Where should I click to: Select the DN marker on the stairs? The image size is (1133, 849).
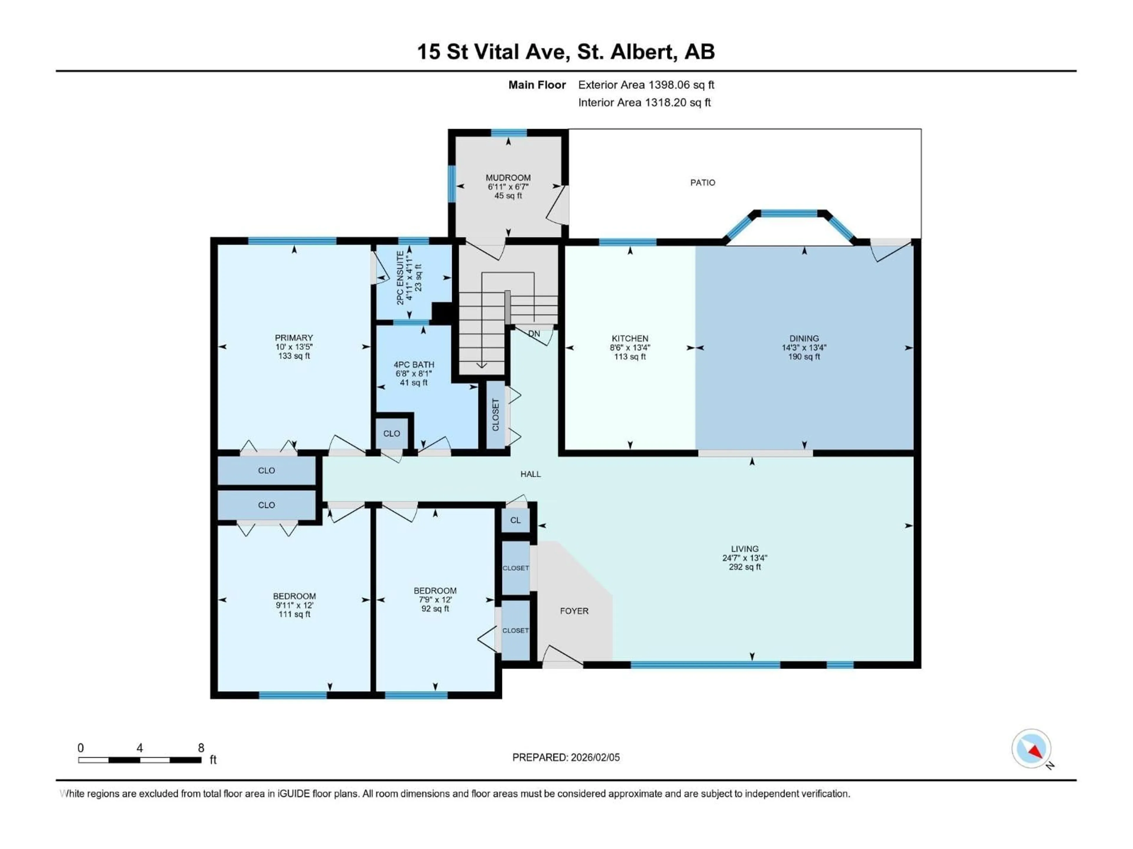534,334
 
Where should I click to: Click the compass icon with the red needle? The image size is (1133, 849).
1031,749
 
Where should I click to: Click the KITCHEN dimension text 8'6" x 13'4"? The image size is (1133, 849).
630,348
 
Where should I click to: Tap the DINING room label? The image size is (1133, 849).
804,338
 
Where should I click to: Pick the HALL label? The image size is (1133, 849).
530,474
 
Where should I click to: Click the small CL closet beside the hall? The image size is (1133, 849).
515,520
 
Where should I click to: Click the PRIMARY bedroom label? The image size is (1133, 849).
294,338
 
